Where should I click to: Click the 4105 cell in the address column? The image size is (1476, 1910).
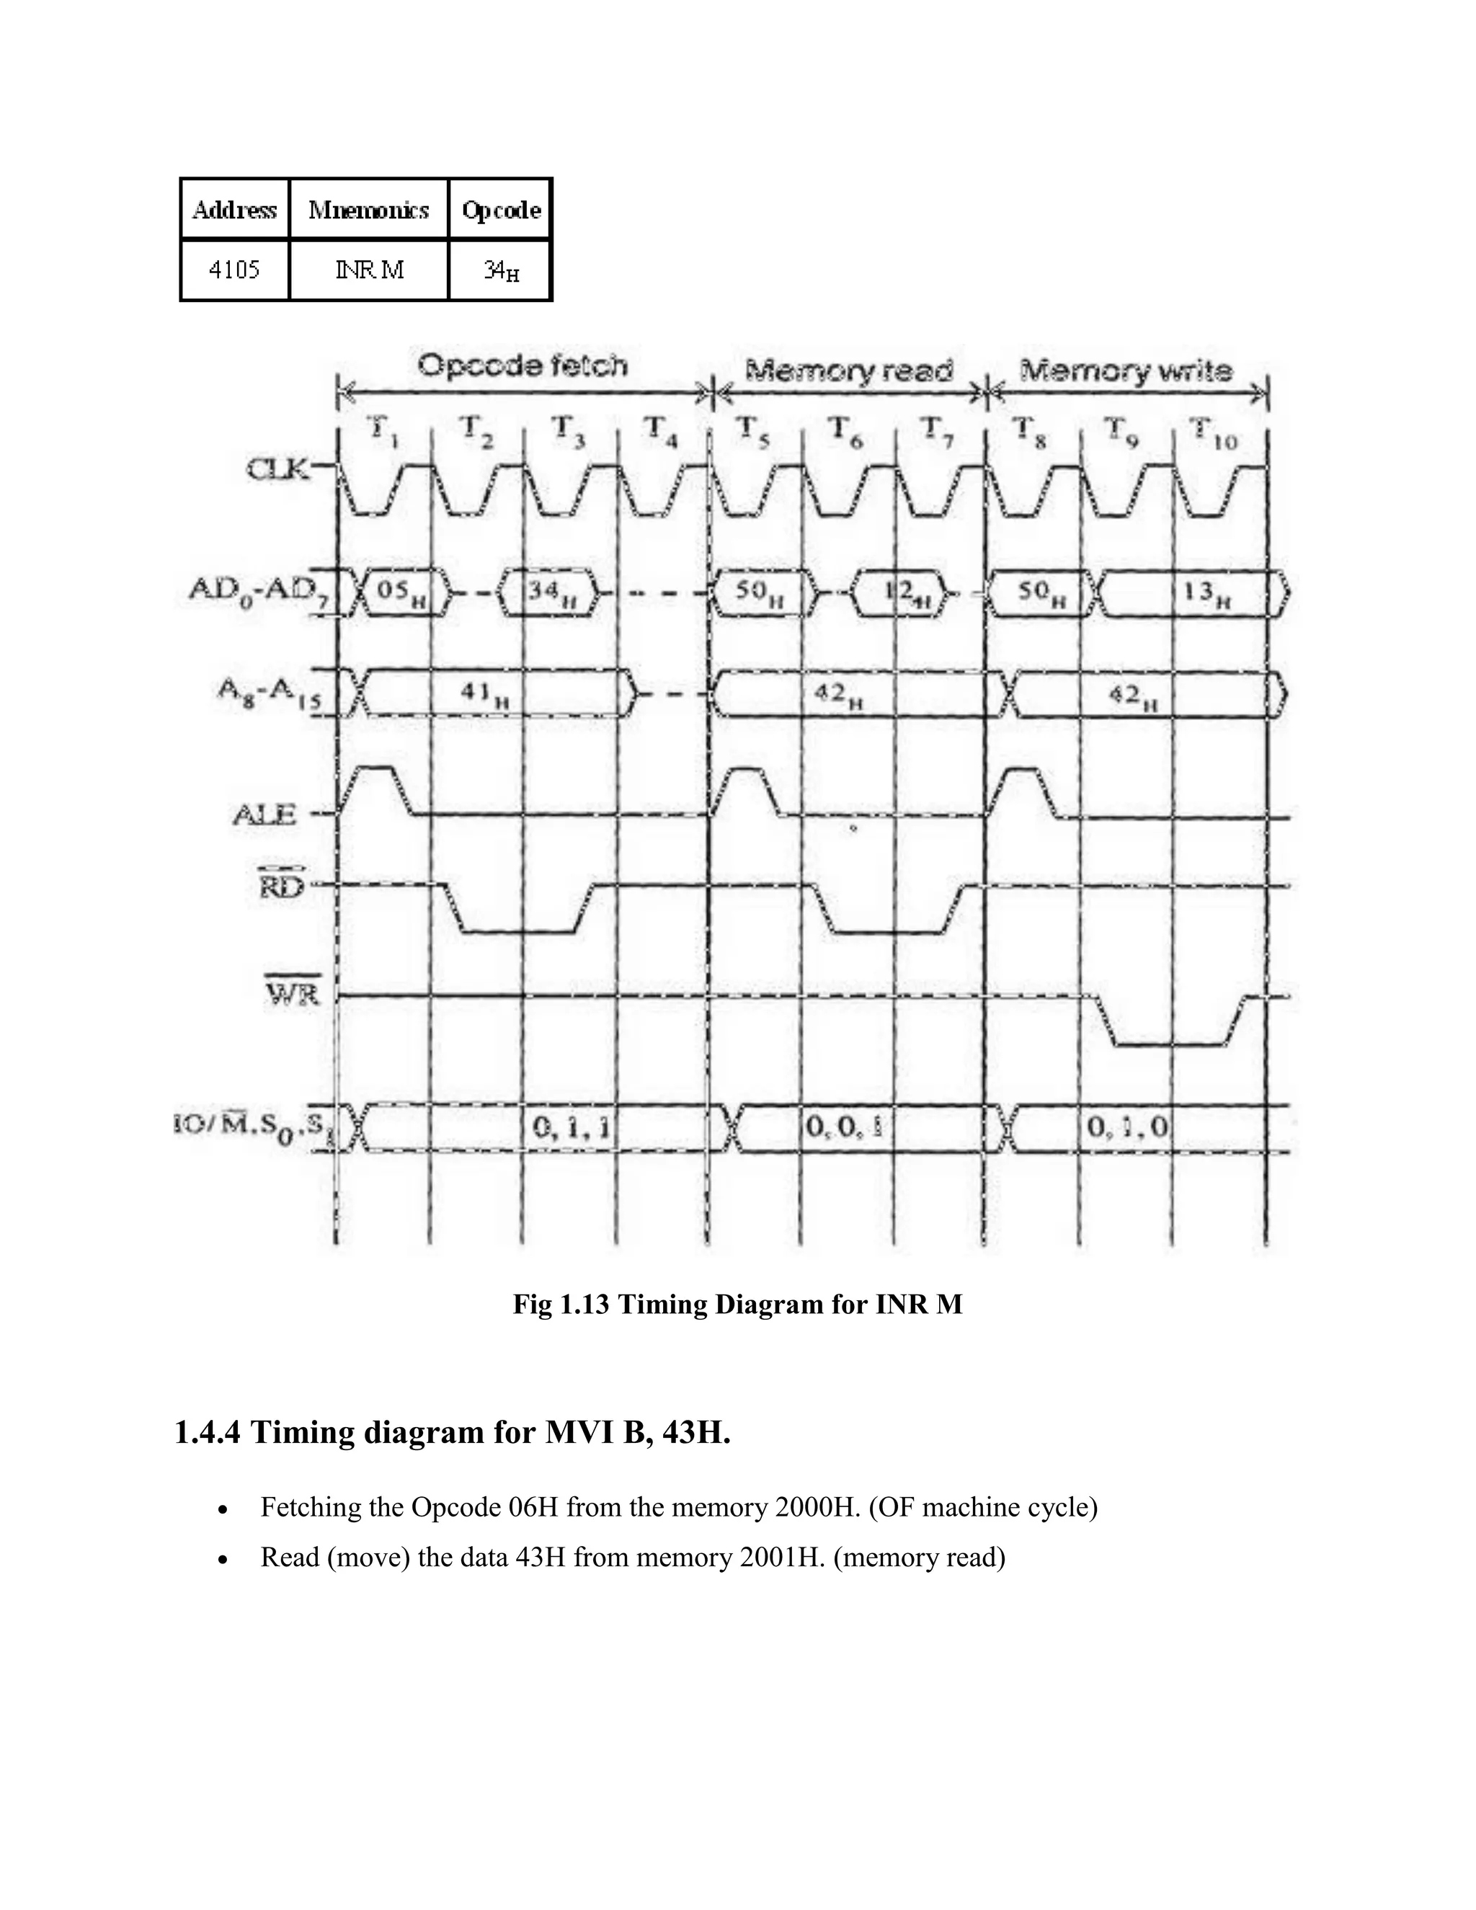coord(234,270)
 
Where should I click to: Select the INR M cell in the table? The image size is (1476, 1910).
coord(369,270)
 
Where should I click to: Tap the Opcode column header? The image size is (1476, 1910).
coord(501,210)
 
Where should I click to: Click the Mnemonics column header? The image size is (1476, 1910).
coord(369,210)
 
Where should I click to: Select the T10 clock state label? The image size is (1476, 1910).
coord(1214,433)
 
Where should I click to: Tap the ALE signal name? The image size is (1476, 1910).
coord(265,815)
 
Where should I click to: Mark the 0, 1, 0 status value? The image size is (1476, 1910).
coord(1127,1127)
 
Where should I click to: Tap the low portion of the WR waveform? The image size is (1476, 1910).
coord(1171,1044)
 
